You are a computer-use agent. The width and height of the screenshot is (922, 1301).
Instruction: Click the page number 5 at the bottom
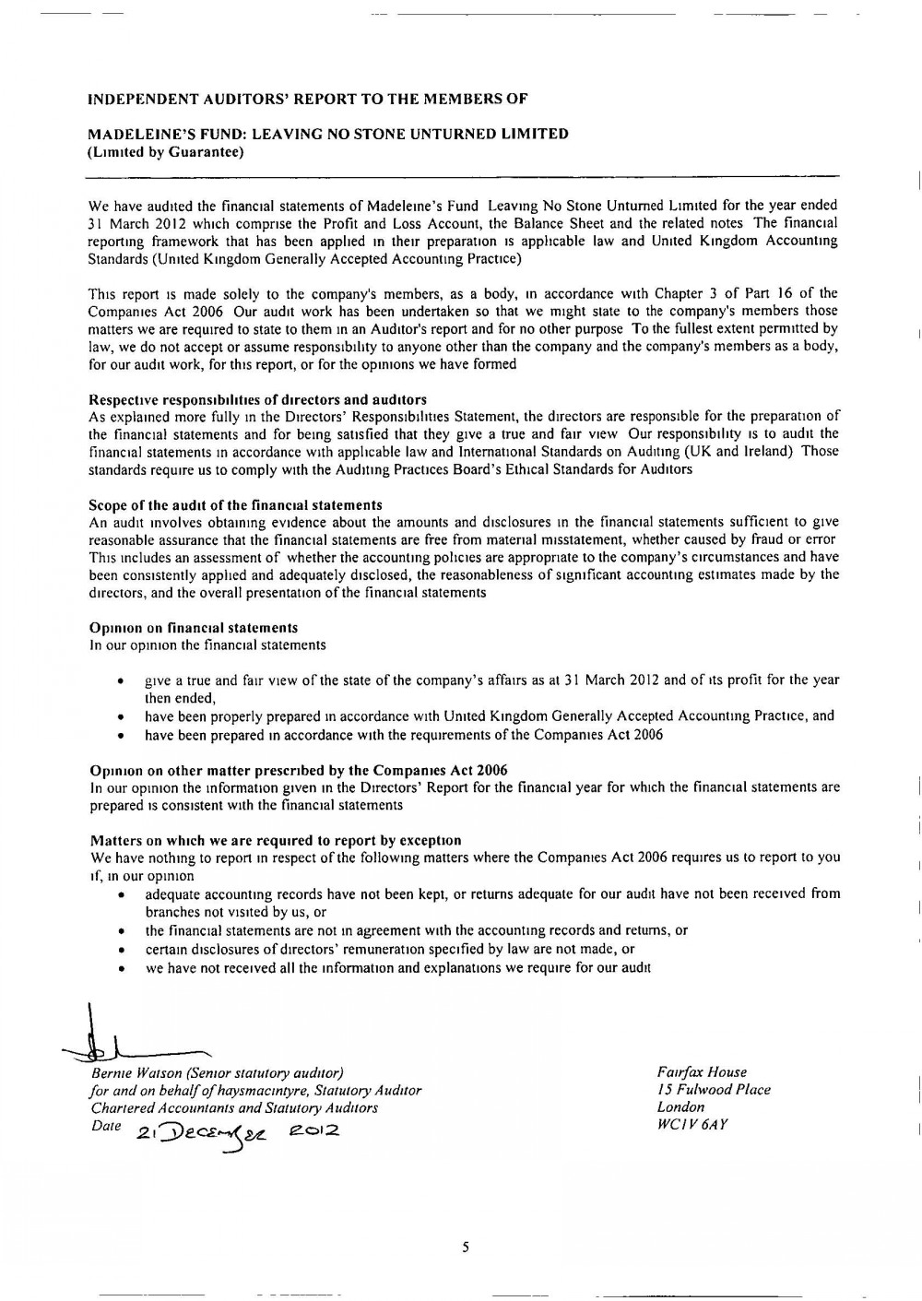[x=466, y=1248]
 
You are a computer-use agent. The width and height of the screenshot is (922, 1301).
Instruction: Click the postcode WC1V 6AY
[x=692, y=1125]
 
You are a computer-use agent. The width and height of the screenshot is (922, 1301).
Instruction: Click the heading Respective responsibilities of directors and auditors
[x=257, y=399]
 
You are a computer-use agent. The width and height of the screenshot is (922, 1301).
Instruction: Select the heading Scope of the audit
[x=235, y=505]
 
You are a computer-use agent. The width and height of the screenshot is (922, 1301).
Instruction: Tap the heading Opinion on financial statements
[x=194, y=628]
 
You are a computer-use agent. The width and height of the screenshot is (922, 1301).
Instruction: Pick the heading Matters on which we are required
[x=275, y=840]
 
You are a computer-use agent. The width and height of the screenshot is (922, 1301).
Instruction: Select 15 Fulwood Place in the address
[x=714, y=1090]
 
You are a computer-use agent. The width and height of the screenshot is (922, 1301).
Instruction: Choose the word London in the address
[x=680, y=1107]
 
